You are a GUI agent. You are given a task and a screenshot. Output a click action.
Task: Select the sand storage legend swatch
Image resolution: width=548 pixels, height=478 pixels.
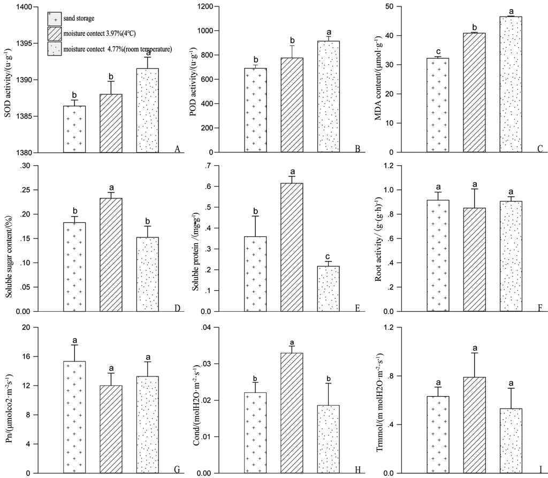[x=53, y=19]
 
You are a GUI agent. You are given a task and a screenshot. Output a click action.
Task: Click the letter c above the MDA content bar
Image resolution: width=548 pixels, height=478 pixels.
[x=438, y=51]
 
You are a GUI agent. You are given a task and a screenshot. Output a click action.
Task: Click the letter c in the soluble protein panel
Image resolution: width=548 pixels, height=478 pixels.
[x=329, y=257]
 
